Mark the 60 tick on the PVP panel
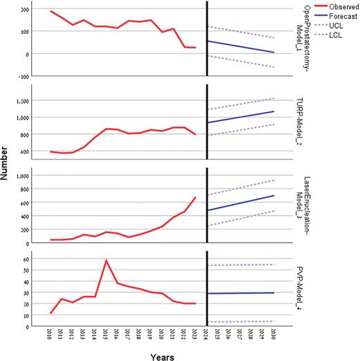point(25,259)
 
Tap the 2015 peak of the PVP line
point(106,261)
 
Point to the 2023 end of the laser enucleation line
point(195,198)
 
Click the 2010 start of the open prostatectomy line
point(51,11)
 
